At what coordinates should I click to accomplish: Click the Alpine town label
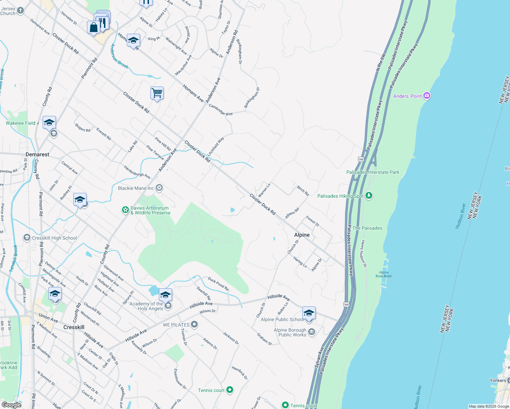(x=302, y=235)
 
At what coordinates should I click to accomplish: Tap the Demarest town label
(x=37, y=154)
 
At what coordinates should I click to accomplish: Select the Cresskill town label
(x=74, y=327)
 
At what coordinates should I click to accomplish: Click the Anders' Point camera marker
(x=427, y=96)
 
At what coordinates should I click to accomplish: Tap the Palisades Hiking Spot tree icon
(x=369, y=196)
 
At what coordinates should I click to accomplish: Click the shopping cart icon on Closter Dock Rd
(x=157, y=93)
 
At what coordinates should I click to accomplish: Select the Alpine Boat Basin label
(x=384, y=274)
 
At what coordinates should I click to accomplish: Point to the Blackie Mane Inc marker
(x=159, y=188)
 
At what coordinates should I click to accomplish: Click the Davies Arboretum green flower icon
(x=125, y=210)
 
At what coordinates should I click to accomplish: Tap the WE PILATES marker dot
(x=194, y=324)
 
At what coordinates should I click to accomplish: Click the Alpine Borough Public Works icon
(x=311, y=332)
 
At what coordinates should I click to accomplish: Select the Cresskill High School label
(x=54, y=238)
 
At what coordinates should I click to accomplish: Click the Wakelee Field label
(x=20, y=123)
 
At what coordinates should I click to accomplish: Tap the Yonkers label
(x=498, y=380)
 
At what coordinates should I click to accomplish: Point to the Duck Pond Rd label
(x=218, y=284)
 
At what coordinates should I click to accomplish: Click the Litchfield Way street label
(x=215, y=146)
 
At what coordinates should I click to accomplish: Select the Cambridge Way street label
(x=221, y=110)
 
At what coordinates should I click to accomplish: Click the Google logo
(x=11, y=405)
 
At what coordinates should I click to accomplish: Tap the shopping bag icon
(x=93, y=27)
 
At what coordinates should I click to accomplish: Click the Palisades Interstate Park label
(x=373, y=172)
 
